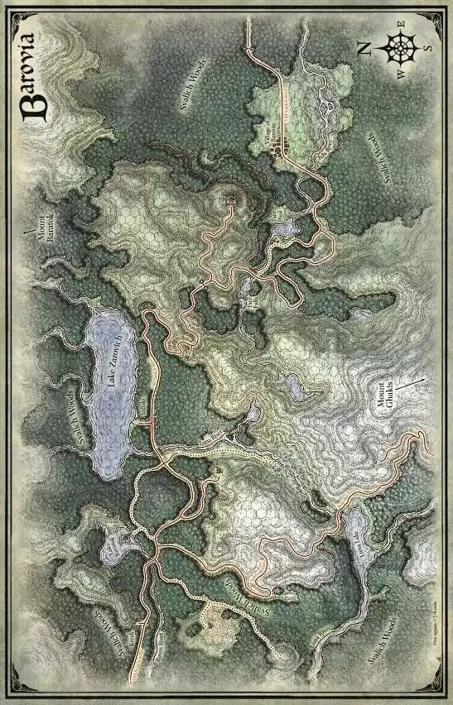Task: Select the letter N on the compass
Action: pyautogui.click(x=365, y=47)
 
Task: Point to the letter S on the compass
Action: pyautogui.click(x=427, y=47)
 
